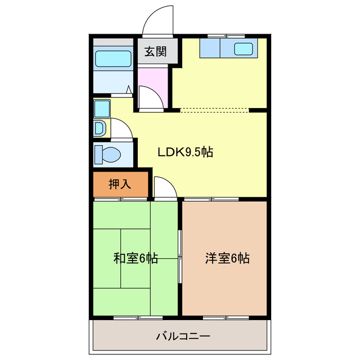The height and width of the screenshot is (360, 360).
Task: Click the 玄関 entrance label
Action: coord(155,52)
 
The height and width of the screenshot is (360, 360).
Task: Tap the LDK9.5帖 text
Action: coord(184,152)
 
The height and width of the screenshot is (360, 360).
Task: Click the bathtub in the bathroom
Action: coord(112,58)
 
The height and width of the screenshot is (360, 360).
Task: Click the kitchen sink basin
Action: coord(243,49)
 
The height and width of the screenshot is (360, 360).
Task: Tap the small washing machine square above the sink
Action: coord(102,108)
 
